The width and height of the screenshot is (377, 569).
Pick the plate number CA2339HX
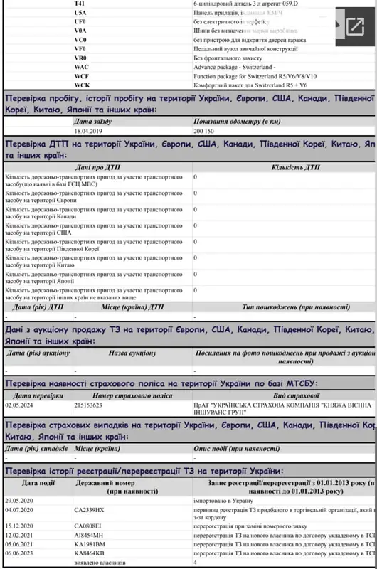pyautogui.click(x=89, y=510)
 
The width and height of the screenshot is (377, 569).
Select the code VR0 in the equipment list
pyautogui.click(x=80, y=57)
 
